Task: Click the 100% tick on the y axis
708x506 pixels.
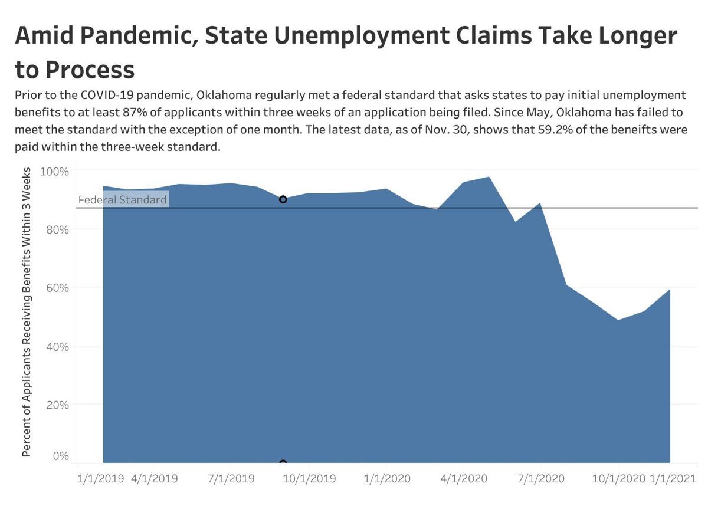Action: tap(54, 171)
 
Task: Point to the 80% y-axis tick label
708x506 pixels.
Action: tap(57, 229)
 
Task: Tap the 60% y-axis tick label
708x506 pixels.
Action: tap(57, 288)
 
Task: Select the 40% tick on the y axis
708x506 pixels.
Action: tap(57, 346)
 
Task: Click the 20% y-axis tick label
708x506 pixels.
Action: tap(57, 405)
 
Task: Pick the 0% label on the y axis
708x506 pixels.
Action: tap(61, 456)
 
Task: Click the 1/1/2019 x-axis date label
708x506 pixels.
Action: tap(100, 478)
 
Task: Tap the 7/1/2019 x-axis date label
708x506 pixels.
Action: tap(231, 478)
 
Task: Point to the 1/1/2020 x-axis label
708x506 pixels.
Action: tap(385, 478)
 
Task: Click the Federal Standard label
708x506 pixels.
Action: tap(123, 200)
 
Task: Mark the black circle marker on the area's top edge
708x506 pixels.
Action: tap(283, 199)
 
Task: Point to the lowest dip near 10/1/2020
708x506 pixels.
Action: tap(618, 320)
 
